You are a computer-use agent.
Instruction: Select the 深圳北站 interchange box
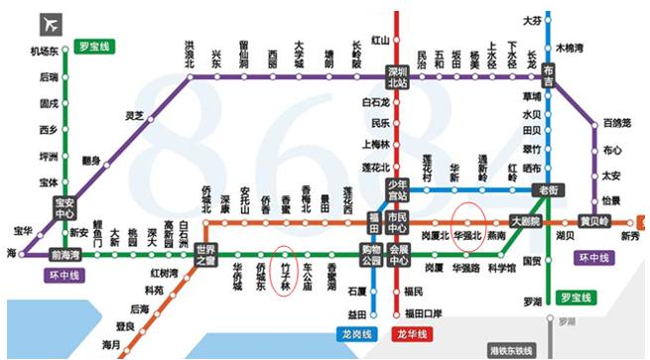397,75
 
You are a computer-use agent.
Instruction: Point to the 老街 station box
547,188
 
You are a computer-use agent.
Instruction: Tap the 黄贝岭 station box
592,220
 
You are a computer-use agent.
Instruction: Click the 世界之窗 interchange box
206,254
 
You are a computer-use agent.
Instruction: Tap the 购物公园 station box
371,254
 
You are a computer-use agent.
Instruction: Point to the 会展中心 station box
398,254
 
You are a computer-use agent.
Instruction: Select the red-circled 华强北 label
467,236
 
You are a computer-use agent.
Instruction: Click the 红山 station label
378,41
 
